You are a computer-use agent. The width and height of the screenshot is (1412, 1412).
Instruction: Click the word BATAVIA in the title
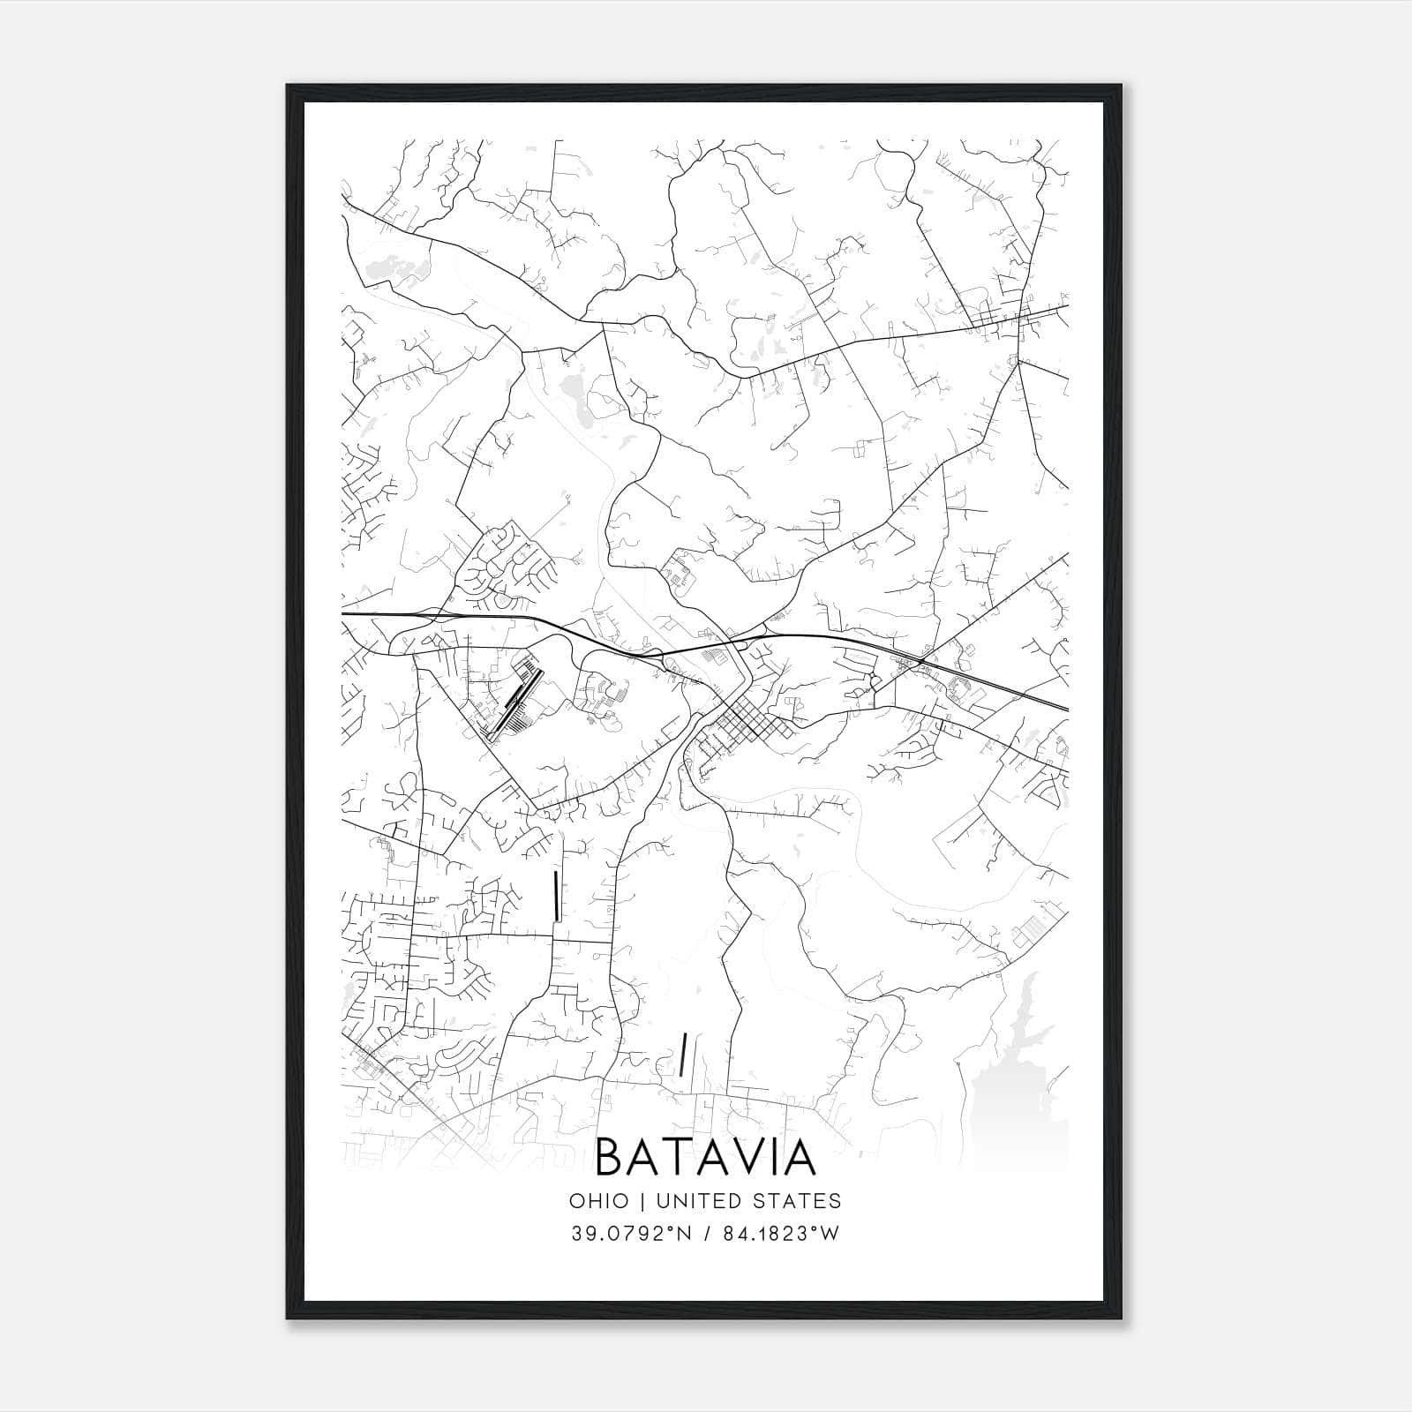706,1158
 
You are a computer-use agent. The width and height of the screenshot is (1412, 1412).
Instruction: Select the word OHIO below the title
599,1201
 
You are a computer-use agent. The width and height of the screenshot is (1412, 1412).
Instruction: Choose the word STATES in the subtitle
798,1201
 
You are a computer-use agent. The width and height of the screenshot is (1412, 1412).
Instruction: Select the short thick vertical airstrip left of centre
555,896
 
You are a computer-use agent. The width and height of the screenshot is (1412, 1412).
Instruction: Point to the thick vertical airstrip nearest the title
683,1055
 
